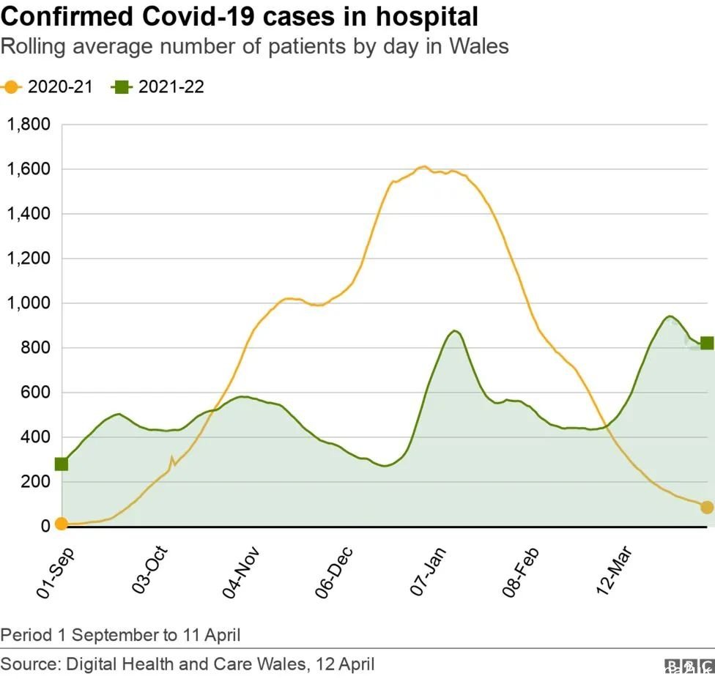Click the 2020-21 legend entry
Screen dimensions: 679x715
[x=48, y=87]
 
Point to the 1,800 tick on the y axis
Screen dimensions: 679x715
[x=29, y=125]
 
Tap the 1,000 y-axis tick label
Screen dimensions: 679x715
[x=29, y=303]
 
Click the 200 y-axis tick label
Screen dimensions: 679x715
[x=37, y=482]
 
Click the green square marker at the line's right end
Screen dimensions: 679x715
[x=707, y=343]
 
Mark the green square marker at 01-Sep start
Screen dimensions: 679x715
[x=62, y=464]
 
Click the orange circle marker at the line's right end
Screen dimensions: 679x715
[x=707, y=507]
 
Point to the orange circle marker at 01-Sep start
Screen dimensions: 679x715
[x=62, y=523]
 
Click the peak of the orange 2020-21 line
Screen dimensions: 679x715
[x=423, y=166]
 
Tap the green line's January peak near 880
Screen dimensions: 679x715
[x=455, y=331]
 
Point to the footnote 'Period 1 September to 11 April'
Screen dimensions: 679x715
[x=120, y=634]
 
